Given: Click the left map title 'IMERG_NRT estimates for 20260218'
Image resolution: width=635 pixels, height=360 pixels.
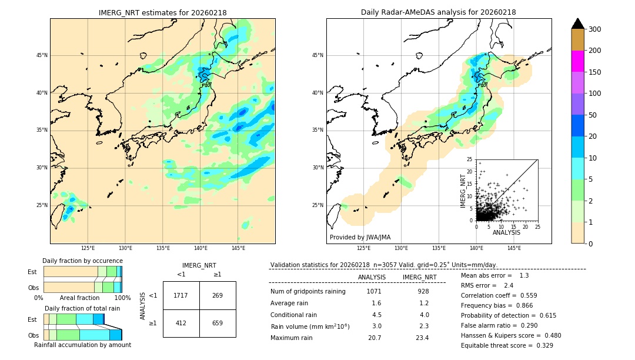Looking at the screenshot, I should click(162, 13).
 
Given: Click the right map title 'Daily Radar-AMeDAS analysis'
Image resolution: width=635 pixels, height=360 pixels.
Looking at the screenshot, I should click(438, 13).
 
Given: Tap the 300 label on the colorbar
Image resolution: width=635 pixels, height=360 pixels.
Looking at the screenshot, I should click(594, 29).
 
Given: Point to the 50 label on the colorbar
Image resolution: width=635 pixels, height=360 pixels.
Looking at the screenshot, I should click(592, 115).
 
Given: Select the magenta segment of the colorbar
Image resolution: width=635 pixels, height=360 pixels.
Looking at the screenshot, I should click(578, 61).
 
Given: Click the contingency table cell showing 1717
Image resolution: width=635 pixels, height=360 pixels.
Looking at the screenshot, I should click(181, 295).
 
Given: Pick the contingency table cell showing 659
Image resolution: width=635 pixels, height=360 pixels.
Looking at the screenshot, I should click(218, 323).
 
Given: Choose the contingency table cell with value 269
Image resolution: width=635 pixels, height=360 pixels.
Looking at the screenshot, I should click(218, 295).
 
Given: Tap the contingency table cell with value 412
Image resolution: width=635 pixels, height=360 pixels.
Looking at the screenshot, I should click(181, 323).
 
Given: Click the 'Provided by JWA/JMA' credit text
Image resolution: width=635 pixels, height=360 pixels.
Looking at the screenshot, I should click(360, 238).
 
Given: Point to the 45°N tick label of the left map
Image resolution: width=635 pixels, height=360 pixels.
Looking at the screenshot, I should click(42, 55).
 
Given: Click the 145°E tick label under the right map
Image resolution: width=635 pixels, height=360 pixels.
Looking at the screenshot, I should click(514, 248).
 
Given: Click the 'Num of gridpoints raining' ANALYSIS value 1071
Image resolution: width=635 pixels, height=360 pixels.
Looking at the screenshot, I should click(374, 291).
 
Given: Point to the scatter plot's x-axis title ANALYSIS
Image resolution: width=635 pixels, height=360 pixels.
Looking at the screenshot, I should click(506, 232).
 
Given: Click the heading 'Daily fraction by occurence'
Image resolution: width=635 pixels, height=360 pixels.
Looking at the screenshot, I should click(82, 261).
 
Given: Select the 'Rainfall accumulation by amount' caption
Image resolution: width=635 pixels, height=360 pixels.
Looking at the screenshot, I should click(82, 345).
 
